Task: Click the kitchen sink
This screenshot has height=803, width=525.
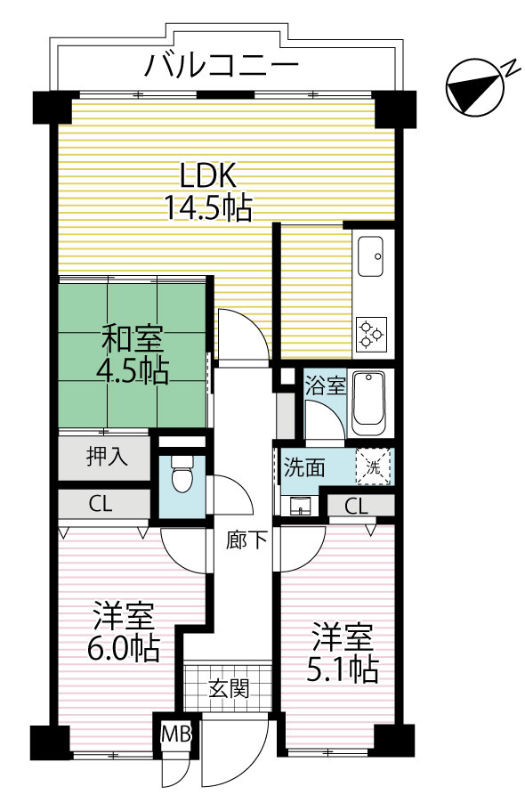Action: (x=370, y=256)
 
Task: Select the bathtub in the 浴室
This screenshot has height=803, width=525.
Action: (x=367, y=401)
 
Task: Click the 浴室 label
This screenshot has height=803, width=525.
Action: (x=325, y=386)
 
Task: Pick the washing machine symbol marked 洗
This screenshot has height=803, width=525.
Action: (x=373, y=466)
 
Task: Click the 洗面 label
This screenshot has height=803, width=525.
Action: (x=303, y=466)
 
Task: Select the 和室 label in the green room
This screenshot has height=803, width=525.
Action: (x=133, y=339)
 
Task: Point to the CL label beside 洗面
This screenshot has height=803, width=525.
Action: (x=356, y=507)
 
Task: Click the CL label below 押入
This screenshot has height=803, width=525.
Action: (x=101, y=504)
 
